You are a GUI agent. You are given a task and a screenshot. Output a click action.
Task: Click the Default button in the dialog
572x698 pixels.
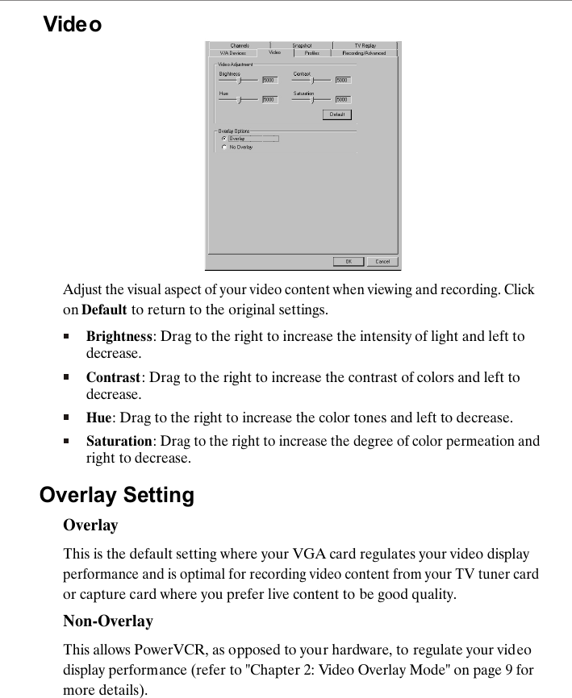point(337,114)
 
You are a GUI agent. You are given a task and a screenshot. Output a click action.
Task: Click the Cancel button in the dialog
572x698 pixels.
point(382,261)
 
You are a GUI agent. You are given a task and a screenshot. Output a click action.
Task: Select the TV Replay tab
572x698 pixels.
point(365,46)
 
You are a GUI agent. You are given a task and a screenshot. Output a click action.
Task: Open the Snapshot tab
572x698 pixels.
point(302,46)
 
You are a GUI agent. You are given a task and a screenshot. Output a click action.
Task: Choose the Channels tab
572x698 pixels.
point(240,46)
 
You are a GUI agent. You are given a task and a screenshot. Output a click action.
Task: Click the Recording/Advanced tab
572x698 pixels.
point(364,53)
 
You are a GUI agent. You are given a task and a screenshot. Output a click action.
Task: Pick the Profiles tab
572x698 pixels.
point(311,53)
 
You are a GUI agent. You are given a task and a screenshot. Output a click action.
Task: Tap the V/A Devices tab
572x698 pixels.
point(232,53)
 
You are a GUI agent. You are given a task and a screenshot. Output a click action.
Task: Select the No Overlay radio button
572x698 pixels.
point(223,147)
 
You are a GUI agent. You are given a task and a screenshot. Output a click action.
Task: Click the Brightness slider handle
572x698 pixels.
point(239,80)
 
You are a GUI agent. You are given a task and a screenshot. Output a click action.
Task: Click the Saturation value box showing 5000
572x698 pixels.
point(343,100)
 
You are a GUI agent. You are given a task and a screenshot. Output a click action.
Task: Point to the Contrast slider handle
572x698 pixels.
point(313,80)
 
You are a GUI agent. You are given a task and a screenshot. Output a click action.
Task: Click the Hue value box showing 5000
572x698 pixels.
point(269,100)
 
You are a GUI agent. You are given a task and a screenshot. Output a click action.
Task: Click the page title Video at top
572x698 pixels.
point(73,25)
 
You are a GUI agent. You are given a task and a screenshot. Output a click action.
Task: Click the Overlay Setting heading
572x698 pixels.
point(117,495)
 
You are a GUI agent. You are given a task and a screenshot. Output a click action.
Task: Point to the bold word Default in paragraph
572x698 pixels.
point(104,310)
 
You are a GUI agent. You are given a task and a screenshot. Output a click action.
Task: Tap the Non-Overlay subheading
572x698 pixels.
point(108,621)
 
